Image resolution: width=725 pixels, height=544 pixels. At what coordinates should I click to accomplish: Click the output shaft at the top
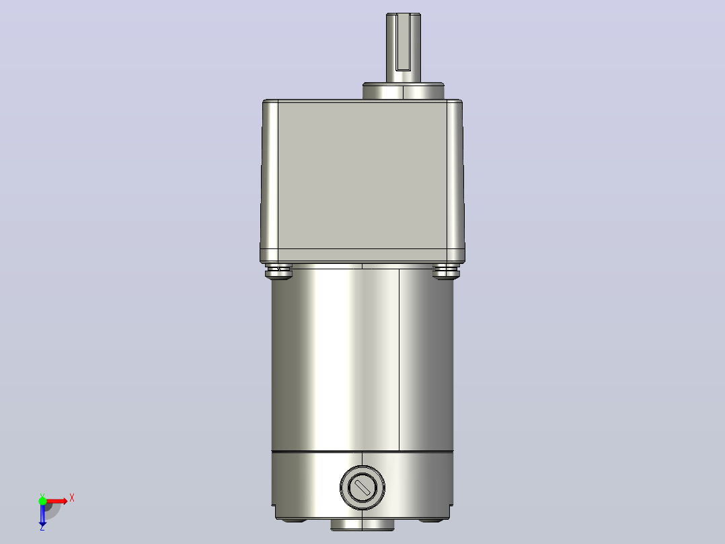(x=404, y=48)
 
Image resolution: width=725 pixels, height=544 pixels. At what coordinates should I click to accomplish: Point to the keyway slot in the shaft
(x=404, y=42)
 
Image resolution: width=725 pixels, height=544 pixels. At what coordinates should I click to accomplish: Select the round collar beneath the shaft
(x=404, y=91)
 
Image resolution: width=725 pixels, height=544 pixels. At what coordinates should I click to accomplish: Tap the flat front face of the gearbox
(x=362, y=175)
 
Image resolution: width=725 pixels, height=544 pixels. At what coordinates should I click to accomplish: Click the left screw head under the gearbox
(x=279, y=271)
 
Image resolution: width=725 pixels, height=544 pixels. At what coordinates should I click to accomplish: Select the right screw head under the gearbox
(x=446, y=271)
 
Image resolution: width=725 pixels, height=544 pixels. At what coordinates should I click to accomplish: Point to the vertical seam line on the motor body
(x=399, y=360)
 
